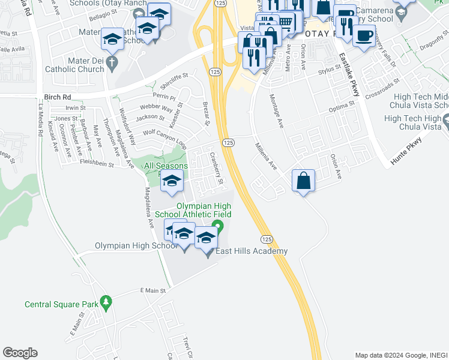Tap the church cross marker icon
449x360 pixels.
coord(111,61)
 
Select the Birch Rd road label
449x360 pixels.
coord(58,96)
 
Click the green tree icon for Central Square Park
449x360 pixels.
coord(106,301)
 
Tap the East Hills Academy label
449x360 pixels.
coord(252,251)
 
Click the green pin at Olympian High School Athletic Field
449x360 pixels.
coord(218,227)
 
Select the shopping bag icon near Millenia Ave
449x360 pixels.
coord(304,179)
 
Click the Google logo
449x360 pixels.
coord(20,353)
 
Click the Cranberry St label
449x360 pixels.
coord(216,168)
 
